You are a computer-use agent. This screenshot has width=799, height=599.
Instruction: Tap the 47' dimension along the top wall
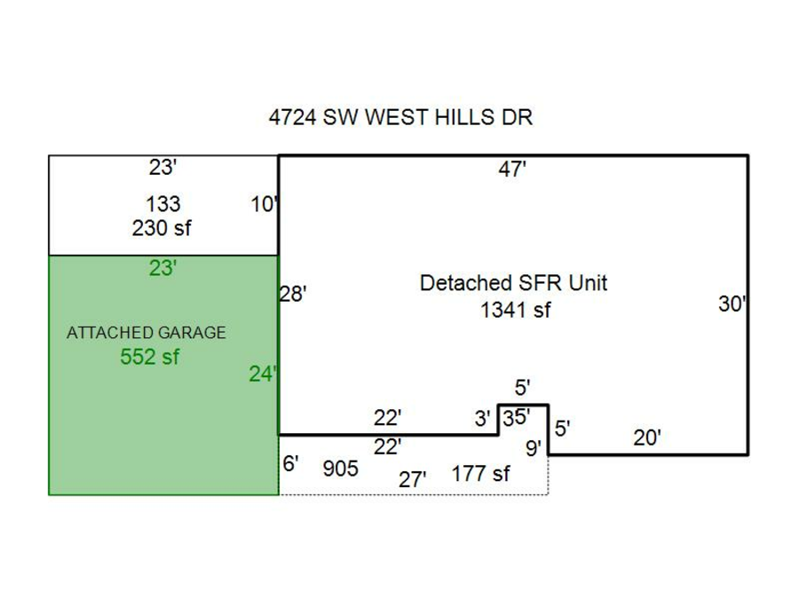tap(512, 169)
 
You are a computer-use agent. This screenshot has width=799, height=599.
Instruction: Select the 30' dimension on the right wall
tap(732, 304)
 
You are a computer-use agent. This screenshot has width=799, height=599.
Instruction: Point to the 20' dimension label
tap(647, 437)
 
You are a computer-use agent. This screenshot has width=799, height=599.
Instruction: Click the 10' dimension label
tap(265, 206)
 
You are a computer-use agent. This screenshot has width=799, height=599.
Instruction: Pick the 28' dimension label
tap(293, 295)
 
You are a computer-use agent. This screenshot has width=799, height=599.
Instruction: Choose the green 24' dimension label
tap(263, 374)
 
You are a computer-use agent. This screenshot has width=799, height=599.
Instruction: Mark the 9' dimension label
tap(534, 449)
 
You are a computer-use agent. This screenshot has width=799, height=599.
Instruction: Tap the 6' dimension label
tap(291, 463)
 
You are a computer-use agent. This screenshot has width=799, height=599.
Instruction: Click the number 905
tap(341, 469)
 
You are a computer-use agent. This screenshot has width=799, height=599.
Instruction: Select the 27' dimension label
tap(412, 480)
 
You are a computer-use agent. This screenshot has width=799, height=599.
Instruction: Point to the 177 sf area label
tap(480, 474)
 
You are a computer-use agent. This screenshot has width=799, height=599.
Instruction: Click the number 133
tap(162, 205)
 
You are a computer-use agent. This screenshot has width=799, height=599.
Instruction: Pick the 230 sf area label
tap(162, 228)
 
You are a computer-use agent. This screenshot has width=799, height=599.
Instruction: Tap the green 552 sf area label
tap(149, 358)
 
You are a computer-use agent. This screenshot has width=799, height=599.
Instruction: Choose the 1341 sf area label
tap(516, 310)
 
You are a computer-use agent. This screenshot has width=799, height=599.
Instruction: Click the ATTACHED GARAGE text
tap(146, 333)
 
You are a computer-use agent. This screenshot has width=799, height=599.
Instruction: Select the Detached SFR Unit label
tap(513, 283)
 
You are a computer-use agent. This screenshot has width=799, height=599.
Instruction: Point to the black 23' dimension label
tap(162, 168)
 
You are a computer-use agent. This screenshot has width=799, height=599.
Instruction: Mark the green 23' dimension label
tap(162, 268)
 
